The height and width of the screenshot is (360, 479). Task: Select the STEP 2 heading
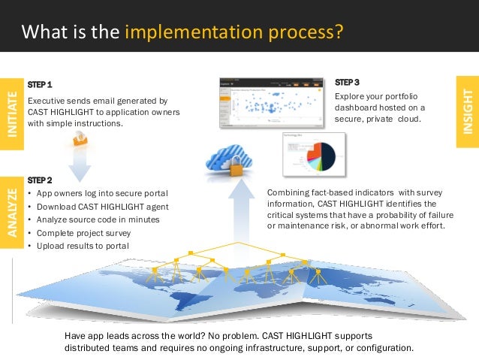(40, 181)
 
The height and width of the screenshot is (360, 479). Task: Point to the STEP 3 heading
(347, 81)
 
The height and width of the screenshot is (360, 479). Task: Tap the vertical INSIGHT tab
(468, 111)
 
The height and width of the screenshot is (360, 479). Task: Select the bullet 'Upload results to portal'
(82, 246)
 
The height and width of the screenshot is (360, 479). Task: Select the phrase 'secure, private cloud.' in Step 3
(378, 119)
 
